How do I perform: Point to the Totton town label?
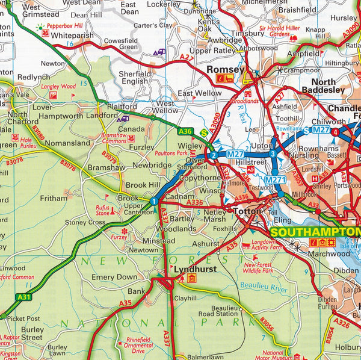coord(248,212)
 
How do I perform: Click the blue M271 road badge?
coord(274,180)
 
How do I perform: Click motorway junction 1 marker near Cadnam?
coord(154,201)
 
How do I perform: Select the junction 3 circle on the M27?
coord(273,155)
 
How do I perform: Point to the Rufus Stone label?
coord(106,211)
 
